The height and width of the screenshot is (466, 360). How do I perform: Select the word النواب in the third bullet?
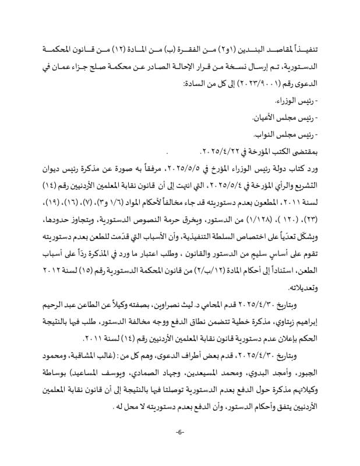[276, 135]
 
